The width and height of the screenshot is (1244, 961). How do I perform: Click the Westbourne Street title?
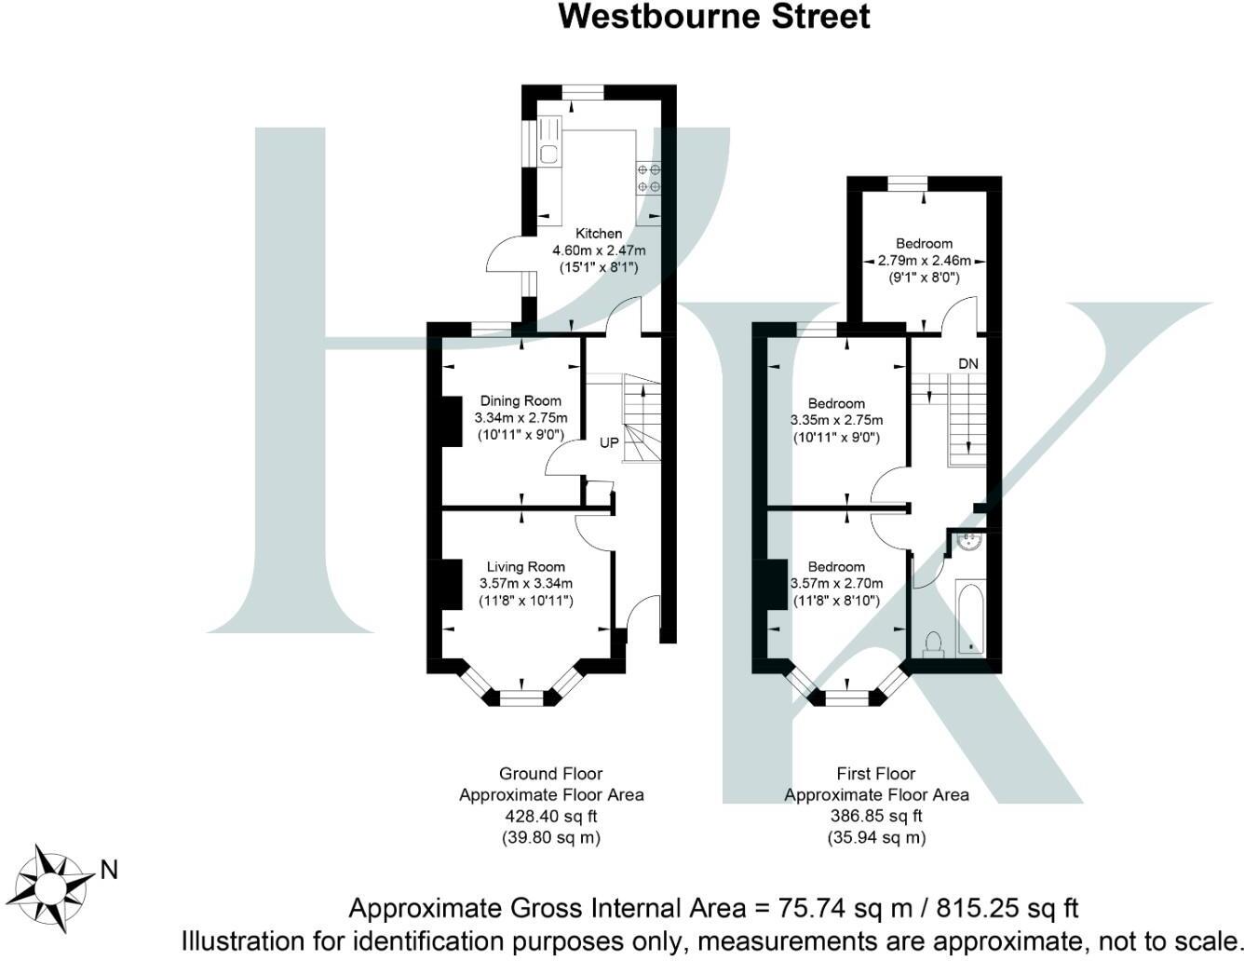pyautogui.click(x=714, y=17)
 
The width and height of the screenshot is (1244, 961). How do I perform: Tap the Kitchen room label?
pyautogui.click(x=598, y=234)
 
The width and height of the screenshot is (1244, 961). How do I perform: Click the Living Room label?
pyautogui.click(x=525, y=566)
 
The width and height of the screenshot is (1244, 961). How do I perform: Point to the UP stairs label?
pyautogui.click(x=608, y=443)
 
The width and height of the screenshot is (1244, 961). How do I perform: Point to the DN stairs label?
pyautogui.click(x=968, y=363)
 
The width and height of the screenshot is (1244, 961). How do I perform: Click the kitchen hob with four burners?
pyautogui.click(x=648, y=177)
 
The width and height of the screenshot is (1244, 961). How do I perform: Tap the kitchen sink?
pyautogui.click(x=548, y=155)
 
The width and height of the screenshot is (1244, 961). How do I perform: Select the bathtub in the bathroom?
pyautogui.click(x=971, y=617)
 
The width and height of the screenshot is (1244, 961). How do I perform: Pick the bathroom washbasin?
pyautogui.click(x=969, y=540)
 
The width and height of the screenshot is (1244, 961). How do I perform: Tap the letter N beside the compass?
pyautogui.click(x=109, y=871)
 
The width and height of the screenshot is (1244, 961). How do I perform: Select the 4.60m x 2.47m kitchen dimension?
pyautogui.click(x=599, y=250)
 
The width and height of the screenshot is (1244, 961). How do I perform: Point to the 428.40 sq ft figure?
pyautogui.click(x=551, y=817)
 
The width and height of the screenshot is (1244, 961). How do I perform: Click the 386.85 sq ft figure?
pyautogui.click(x=876, y=817)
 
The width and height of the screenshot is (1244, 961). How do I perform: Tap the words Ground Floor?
pyautogui.click(x=551, y=774)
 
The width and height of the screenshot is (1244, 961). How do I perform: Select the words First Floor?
pyautogui.click(x=876, y=774)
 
